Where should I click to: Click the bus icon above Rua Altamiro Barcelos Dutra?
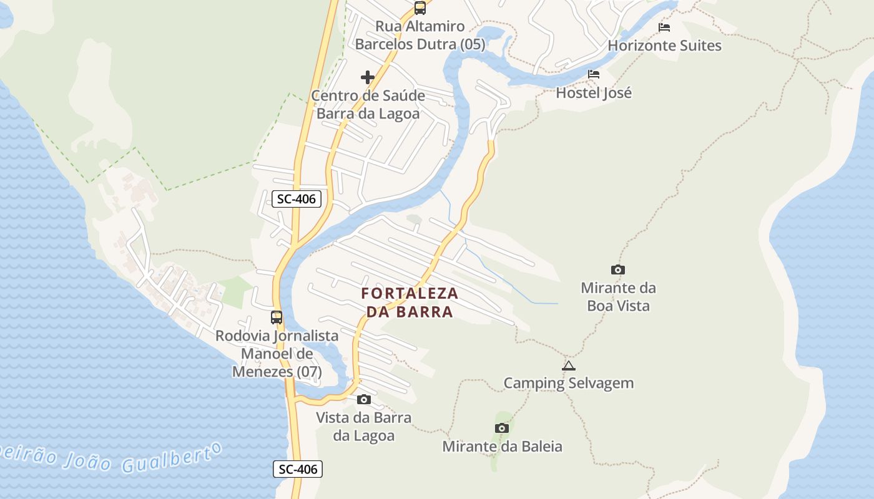click(420, 8)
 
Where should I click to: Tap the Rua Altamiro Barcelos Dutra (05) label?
click(420, 36)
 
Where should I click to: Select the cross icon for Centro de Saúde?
click(368, 77)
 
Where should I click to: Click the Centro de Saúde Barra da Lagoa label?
click(368, 105)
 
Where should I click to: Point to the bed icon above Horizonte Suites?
click(664, 27)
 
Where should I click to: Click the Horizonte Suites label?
click(664, 46)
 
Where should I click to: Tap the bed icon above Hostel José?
click(594, 74)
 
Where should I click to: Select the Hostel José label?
click(594, 93)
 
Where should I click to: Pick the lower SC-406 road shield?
click(298, 469)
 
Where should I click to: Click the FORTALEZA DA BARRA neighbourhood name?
click(410, 303)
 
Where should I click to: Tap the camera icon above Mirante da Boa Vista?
click(618, 269)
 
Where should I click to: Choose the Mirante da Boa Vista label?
click(618, 297)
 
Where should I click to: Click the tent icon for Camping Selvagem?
click(568, 366)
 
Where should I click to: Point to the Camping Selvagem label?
click(568, 383)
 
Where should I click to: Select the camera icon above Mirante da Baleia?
click(501, 428)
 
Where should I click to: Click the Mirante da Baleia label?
click(502, 447)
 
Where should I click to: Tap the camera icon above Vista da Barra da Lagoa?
click(364, 399)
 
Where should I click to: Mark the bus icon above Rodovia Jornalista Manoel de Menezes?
click(277, 317)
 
